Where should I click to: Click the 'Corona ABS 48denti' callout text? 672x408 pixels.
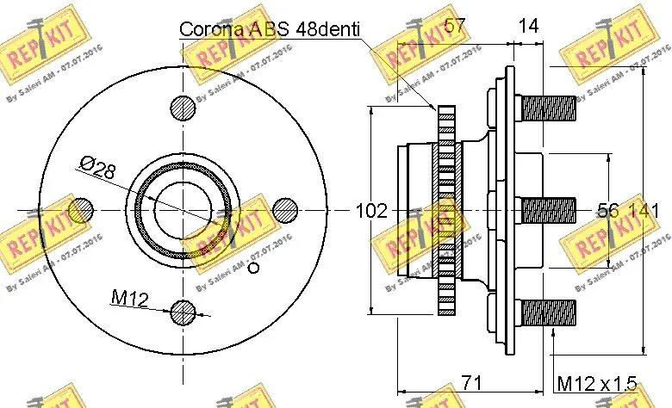tap(270, 28)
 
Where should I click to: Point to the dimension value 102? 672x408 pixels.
tap(371, 210)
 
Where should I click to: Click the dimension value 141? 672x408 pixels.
tap(645, 210)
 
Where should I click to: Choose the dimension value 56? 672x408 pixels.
tap(609, 210)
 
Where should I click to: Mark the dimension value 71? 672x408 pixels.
tap(470, 380)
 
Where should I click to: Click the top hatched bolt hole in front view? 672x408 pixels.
tap(183, 108)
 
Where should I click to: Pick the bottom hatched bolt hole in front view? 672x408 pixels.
tap(183, 313)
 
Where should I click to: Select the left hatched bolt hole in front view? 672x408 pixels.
tap(80, 210)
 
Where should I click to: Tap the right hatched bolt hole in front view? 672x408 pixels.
tap(285, 210)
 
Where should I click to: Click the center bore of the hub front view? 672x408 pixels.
tap(183, 210)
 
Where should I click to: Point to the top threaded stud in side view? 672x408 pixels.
tap(549, 108)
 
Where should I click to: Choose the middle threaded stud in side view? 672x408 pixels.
tap(549, 210)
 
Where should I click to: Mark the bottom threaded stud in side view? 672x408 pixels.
tap(549, 312)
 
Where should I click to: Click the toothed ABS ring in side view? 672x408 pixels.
tap(445, 210)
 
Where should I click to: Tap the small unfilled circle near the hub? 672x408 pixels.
tap(252, 268)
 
